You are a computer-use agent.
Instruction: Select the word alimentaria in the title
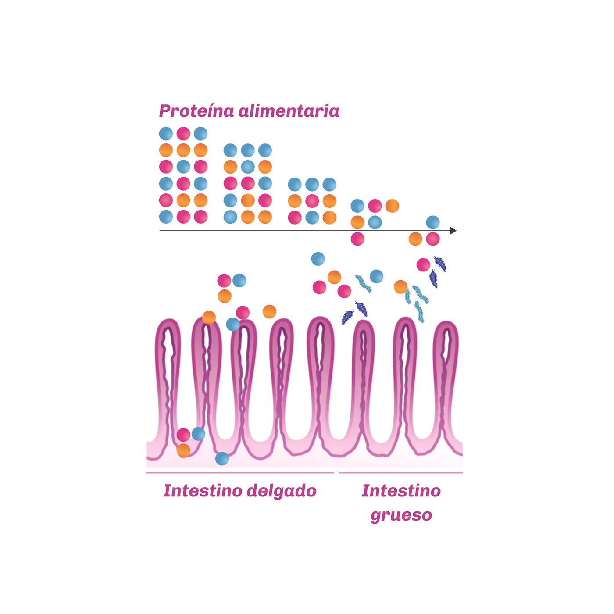pyautogui.click(x=289, y=111)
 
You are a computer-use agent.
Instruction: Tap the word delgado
pyautogui.click(x=282, y=491)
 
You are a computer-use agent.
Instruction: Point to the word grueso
pyautogui.click(x=401, y=515)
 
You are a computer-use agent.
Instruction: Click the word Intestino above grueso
pyautogui.click(x=401, y=491)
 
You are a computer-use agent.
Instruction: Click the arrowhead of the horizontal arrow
pyautogui.click(x=453, y=231)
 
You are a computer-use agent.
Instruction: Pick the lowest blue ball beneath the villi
pyautogui.click(x=222, y=459)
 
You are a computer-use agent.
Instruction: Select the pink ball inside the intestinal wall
pyautogui.click(x=183, y=435)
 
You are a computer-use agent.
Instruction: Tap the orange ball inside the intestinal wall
pyautogui.click(x=183, y=450)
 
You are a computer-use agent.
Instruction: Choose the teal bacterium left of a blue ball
pyautogui.click(x=363, y=284)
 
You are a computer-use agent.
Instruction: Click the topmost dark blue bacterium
pyautogui.click(x=440, y=264)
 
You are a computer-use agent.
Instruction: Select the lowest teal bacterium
pyautogui.click(x=419, y=311)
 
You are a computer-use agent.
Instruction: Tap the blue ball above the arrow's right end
pyautogui.click(x=433, y=222)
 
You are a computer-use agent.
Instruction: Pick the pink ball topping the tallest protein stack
pyautogui.click(x=183, y=134)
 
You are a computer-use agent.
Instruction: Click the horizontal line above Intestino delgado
pyautogui.click(x=240, y=473)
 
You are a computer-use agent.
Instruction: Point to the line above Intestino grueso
pyautogui.click(x=401, y=473)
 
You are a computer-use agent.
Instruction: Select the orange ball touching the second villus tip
pyautogui.click(x=209, y=318)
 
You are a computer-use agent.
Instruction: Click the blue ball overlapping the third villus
pyautogui.click(x=233, y=325)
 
